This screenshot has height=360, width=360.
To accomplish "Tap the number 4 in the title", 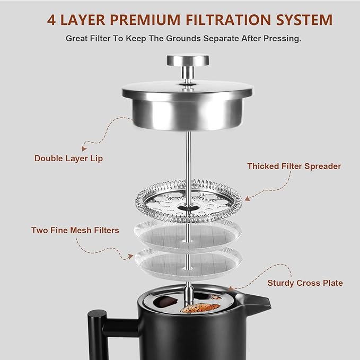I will [51, 20].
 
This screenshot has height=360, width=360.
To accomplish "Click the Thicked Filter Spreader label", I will [294, 166].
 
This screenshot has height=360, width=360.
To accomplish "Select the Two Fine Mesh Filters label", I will [75, 230].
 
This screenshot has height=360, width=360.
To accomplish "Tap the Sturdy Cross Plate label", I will [305, 283].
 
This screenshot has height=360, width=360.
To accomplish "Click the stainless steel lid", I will [187, 106].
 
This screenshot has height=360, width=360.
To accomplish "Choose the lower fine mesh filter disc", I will [188, 260].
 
